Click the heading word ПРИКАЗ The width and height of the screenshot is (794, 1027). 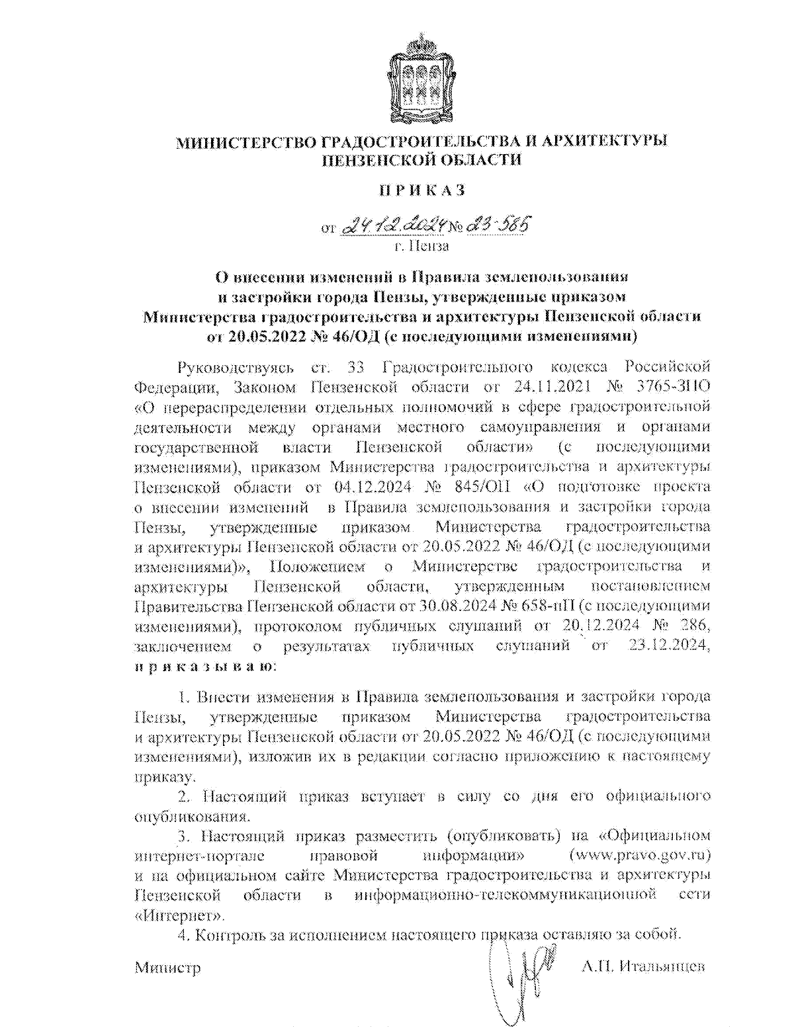coord(421,190)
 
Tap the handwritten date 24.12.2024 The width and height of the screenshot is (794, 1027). coord(393,226)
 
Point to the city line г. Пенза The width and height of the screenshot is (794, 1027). coord(421,247)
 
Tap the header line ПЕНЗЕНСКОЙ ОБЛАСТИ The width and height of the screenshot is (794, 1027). coord(421,160)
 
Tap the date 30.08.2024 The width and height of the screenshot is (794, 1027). coord(455,606)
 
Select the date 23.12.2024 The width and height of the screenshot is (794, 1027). coord(667,645)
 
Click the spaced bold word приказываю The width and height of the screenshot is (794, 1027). coord(205,665)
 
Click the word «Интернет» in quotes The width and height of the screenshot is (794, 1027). coord(179,916)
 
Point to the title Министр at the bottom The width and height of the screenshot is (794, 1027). coord(167,967)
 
